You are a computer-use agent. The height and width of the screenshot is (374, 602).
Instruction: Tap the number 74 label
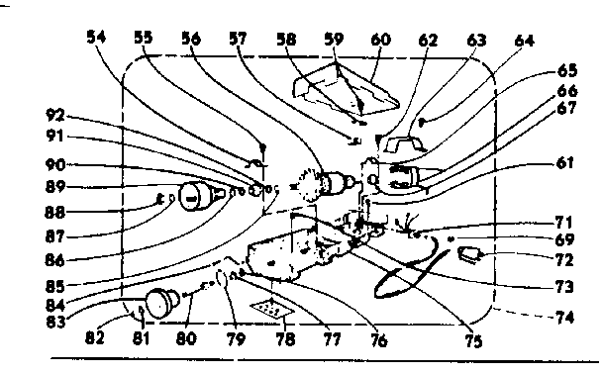(x=563, y=321)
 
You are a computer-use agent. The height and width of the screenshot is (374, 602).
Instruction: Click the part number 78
(x=286, y=337)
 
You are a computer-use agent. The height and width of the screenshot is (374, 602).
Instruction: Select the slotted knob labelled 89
(x=195, y=196)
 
